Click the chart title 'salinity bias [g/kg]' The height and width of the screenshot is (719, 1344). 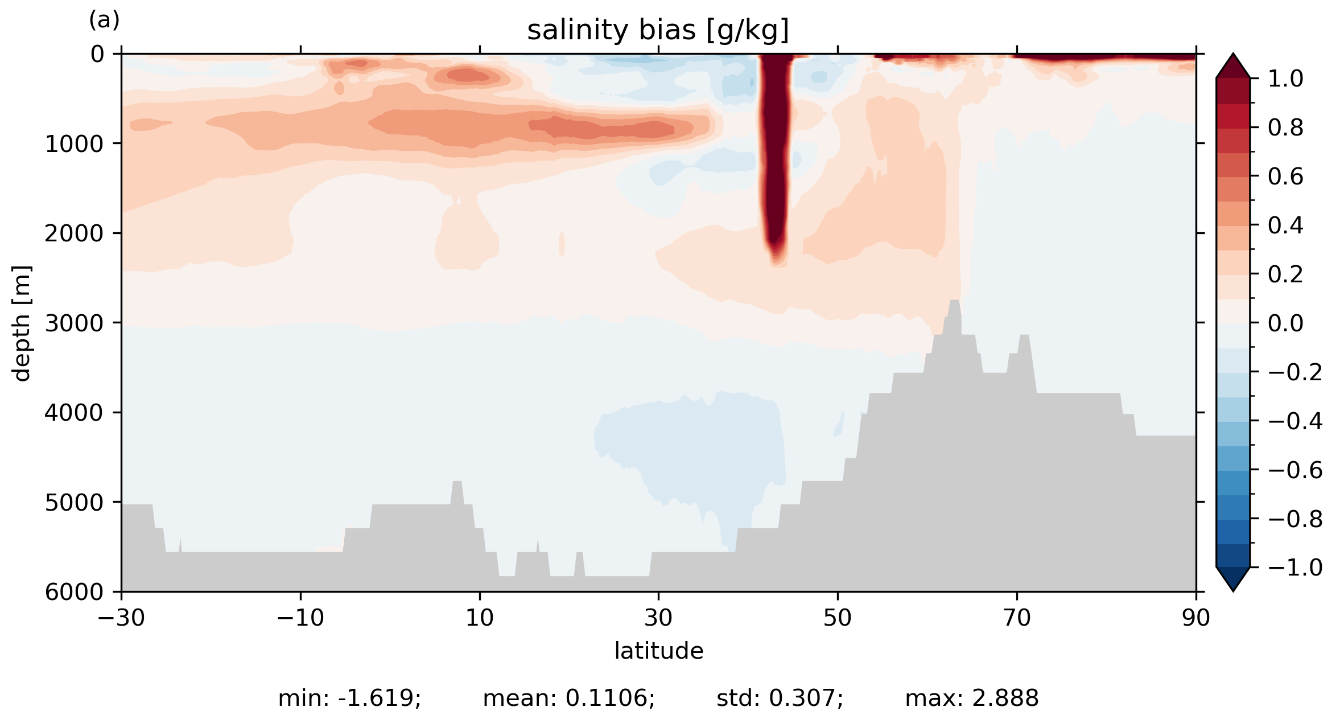click(658, 30)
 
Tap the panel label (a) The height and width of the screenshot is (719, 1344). click(104, 20)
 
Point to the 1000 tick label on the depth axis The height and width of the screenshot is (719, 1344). click(74, 144)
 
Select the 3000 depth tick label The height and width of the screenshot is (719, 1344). click(74, 323)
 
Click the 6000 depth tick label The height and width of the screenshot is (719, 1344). click(74, 592)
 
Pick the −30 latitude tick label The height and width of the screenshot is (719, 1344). click(121, 618)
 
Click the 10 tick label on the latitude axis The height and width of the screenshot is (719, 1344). click(480, 618)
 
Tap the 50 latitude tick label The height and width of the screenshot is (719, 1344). click(838, 618)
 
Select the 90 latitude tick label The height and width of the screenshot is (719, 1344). click(1195, 618)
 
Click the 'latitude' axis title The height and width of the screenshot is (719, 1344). click(658, 651)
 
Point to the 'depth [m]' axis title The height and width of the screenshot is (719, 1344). click(22, 323)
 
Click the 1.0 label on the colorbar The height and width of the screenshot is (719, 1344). click(1285, 79)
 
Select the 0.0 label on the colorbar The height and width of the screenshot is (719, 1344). click(1285, 323)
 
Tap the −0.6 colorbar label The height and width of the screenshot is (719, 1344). click(1295, 470)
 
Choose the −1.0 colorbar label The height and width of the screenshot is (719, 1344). click(1295, 568)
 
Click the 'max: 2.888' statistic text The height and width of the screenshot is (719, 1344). click(971, 698)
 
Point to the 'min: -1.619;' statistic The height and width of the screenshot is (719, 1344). click(349, 698)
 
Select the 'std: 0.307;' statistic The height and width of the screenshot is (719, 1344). click(780, 698)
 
